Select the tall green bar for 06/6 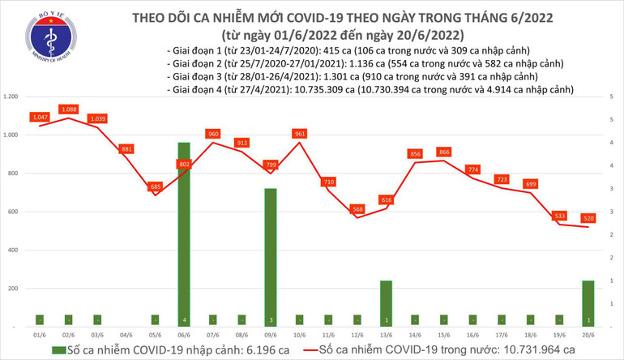[184, 234]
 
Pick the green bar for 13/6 [386, 303]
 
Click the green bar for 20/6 [588, 303]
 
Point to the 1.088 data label [69, 109]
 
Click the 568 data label [357, 209]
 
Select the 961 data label [300, 133]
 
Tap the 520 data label [588, 218]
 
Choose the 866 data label [443, 152]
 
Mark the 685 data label [156, 186]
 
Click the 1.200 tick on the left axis [11, 96]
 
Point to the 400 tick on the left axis [14, 250]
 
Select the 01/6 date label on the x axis [40, 334]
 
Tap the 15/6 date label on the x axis [443, 334]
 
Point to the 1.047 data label [40, 117]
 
